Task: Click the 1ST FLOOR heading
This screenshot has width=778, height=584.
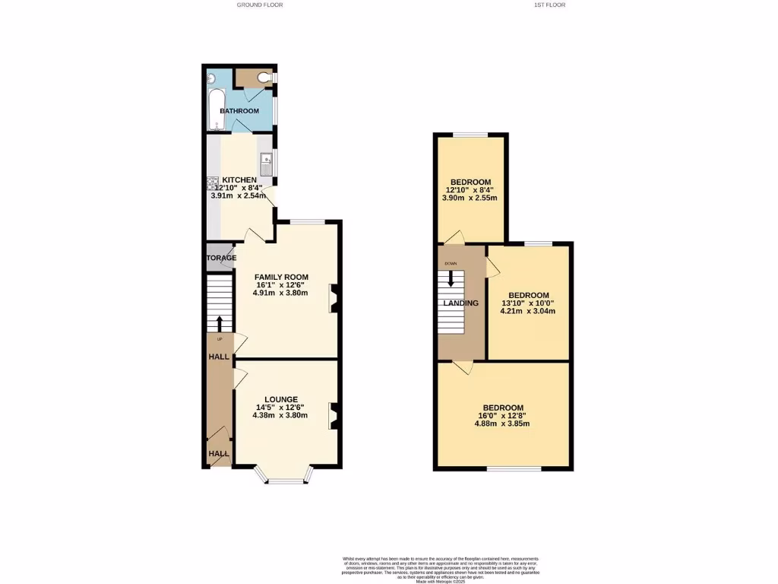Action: point(549,5)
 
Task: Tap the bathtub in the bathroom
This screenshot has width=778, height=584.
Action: point(214,108)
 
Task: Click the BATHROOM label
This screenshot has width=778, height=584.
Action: point(239,111)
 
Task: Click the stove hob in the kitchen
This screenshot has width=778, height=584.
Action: point(210,183)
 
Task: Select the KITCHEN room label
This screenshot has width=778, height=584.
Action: point(239,180)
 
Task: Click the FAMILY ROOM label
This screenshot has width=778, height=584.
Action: point(281,277)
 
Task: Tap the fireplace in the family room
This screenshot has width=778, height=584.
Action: point(332,298)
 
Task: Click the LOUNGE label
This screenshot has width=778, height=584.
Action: point(281,399)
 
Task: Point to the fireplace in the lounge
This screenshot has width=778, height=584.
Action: point(332,417)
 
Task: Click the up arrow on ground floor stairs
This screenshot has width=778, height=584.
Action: point(220,323)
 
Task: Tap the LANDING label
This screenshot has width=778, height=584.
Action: point(460,303)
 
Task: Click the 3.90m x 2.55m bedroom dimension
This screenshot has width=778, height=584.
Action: point(470,198)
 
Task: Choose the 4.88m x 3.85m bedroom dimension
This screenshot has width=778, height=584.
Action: point(503,424)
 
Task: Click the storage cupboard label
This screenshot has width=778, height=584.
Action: point(219,259)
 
